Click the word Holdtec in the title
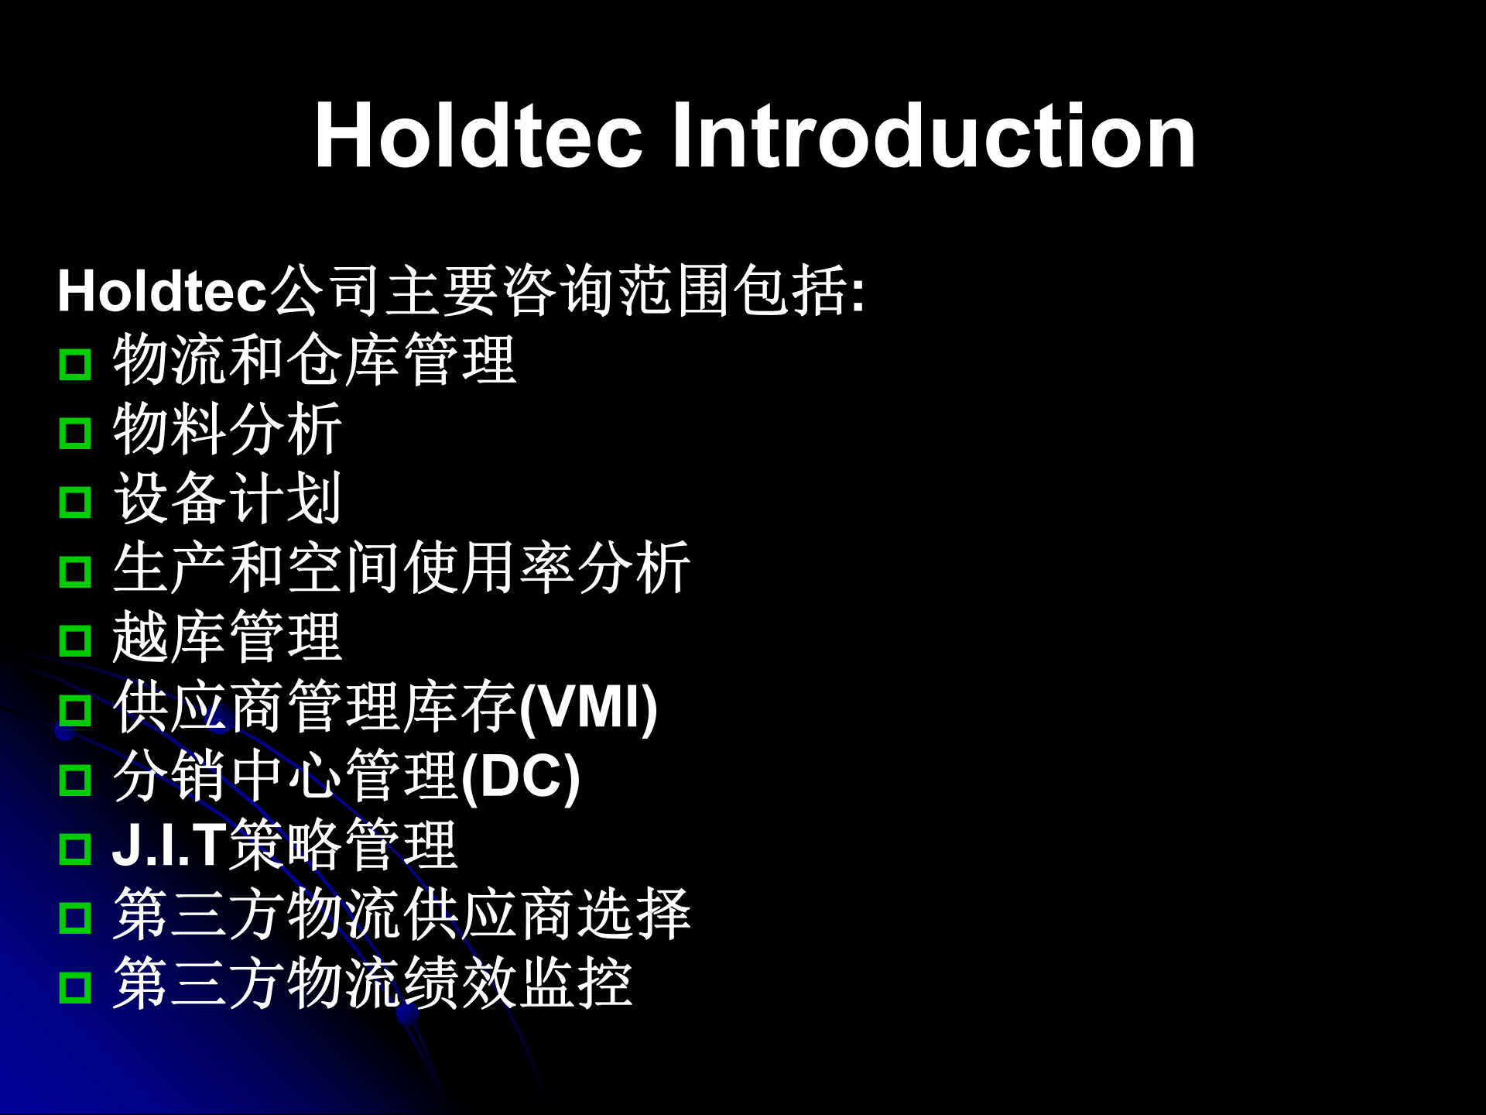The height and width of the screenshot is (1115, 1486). click(478, 136)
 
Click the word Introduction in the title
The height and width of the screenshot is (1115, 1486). click(933, 136)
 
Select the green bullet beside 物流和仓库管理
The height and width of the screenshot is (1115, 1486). click(75, 364)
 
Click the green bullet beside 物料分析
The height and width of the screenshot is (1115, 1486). click(75, 433)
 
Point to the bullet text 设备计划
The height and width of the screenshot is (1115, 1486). click(228, 499)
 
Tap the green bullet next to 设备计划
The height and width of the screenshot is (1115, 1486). click(75, 503)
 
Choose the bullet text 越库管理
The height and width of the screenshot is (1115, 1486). click(228, 637)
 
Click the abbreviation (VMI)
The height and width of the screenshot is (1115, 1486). click(588, 708)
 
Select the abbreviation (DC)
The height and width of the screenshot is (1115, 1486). click(520, 777)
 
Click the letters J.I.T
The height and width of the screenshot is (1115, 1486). click(169, 846)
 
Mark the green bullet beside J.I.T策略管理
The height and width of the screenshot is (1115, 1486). click(75, 849)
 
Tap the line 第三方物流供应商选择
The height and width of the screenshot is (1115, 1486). click(401, 914)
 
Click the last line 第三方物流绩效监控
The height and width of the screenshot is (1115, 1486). click(372, 983)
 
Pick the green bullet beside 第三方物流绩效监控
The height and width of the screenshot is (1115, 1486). click(75, 987)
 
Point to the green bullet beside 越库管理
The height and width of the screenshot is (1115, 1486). click(75, 641)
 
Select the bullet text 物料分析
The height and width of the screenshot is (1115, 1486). click(228, 430)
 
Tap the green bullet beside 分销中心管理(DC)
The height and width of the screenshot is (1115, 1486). click(75, 780)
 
